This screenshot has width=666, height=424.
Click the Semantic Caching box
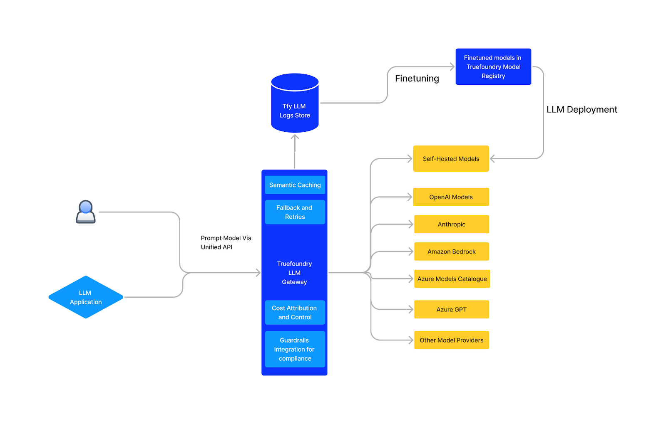[295, 185]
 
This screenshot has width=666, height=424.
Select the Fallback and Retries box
[295, 212]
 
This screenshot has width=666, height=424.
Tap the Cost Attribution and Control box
[295, 312]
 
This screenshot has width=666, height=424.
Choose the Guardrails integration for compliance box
[295, 349]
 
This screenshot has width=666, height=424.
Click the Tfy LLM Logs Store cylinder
[295, 103]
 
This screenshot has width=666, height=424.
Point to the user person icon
[86, 212]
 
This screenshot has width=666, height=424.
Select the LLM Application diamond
[86, 297]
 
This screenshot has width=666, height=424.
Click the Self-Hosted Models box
[451, 158]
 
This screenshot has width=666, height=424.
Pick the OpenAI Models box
[451, 197]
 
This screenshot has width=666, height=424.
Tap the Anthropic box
[452, 224]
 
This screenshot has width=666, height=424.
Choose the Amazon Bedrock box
[452, 251]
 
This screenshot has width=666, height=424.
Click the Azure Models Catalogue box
[452, 279]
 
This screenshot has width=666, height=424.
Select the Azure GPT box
[452, 309]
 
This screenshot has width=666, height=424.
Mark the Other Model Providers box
[452, 340]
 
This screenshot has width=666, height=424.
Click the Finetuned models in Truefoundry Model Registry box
[493, 67]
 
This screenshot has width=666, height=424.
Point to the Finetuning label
[417, 79]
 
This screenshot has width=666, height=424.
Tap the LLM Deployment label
[582, 110]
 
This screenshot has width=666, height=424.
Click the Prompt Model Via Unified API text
[226, 243]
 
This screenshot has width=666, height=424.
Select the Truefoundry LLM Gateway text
[294, 273]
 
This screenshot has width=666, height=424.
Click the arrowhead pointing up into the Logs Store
[295, 137]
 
